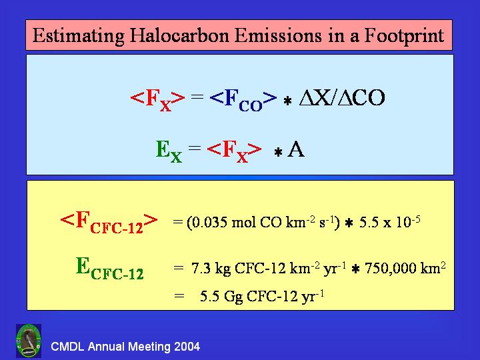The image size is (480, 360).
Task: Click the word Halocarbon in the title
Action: pyautogui.click(x=180, y=35)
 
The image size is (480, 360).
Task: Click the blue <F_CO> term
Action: pyautogui.click(x=243, y=100)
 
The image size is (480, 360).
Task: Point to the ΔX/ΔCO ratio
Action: pyautogui.click(x=342, y=97)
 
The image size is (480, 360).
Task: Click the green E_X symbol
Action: pyautogui.click(x=169, y=151)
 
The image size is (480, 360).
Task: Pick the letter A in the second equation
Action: pyautogui.click(x=296, y=149)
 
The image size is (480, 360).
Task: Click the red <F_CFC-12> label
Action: pyautogui.click(x=109, y=223)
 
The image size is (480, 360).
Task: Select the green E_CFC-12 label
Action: pyautogui.click(x=109, y=269)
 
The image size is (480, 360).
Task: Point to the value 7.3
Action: pyautogui.click(x=201, y=268)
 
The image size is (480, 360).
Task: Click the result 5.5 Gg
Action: pyautogui.click(x=221, y=296)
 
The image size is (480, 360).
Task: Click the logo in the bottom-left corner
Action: pyautogui.click(x=29, y=341)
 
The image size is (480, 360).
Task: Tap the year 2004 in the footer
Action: pyautogui.click(x=187, y=347)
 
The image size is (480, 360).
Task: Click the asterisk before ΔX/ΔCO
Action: pyautogui.click(x=287, y=101)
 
